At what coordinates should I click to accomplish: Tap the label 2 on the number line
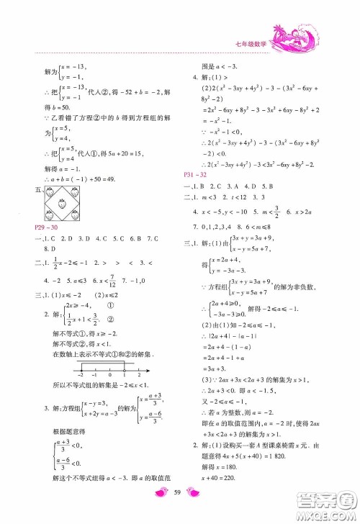[138, 374]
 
